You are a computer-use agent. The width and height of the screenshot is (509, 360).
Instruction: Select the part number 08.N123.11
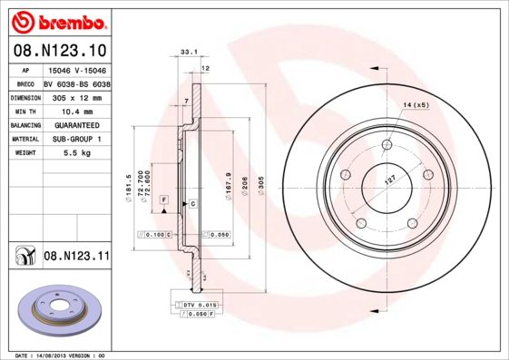coord(76,258)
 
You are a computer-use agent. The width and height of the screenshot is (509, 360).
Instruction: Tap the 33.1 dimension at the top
coord(189,54)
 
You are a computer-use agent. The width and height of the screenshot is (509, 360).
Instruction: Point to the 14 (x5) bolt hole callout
coord(415,106)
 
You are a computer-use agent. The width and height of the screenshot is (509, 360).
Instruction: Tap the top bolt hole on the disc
coord(387,144)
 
